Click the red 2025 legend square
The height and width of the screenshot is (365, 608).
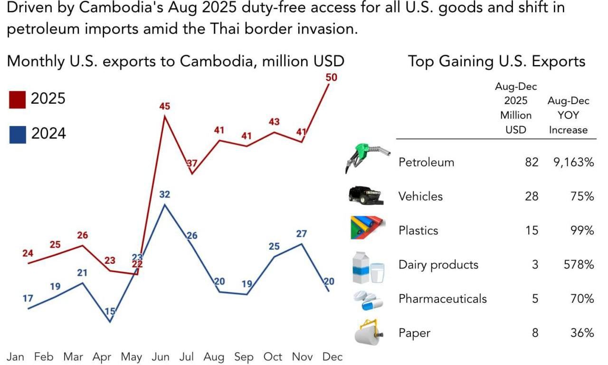(x=17, y=100)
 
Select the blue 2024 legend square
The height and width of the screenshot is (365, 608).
(x=17, y=134)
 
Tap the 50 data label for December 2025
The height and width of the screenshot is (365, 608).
(x=332, y=77)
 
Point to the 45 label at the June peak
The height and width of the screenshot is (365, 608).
(x=164, y=106)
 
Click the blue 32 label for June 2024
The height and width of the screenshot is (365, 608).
(x=165, y=194)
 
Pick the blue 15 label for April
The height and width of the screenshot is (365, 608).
(x=110, y=312)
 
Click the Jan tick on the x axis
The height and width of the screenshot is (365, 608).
(x=16, y=356)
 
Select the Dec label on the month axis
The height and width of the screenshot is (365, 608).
(x=332, y=356)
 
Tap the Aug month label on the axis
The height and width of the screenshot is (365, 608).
(x=216, y=356)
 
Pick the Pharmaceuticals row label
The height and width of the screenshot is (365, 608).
(x=443, y=299)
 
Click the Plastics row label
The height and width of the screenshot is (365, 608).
(x=418, y=231)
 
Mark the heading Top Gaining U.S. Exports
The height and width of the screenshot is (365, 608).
(x=496, y=61)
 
